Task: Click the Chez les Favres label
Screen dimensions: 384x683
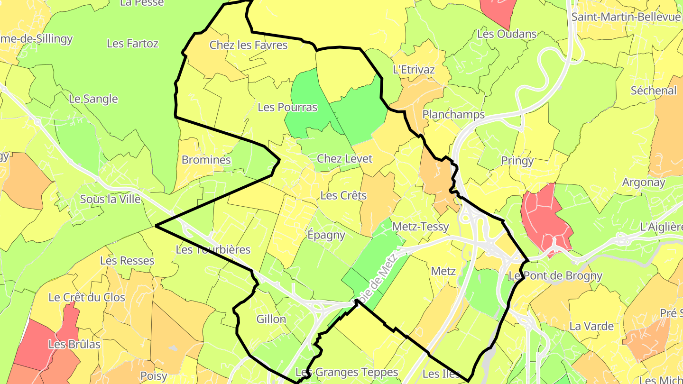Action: click(x=249, y=45)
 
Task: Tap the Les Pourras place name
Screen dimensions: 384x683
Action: click(x=287, y=107)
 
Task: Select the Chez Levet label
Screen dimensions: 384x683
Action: click(x=344, y=159)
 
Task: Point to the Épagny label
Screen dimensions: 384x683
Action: click(x=326, y=235)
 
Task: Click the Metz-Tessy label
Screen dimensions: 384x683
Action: click(x=420, y=227)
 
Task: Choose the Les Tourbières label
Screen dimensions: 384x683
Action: click(x=212, y=249)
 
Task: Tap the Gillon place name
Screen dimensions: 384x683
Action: click(x=271, y=319)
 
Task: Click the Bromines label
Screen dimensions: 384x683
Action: click(x=206, y=160)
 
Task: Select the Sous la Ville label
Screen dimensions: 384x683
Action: click(x=111, y=199)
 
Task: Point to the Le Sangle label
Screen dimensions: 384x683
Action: click(x=93, y=99)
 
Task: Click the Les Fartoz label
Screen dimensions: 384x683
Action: click(x=132, y=44)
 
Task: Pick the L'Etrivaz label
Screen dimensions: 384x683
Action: click(x=414, y=70)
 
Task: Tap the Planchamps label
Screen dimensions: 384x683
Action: click(x=453, y=114)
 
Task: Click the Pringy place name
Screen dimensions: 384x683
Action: click(x=517, y=161)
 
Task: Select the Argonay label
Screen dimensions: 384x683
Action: click(x=644, y=182)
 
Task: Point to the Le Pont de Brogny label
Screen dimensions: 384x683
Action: click(x=555, y=275)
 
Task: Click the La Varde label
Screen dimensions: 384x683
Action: click(x=591, y=326)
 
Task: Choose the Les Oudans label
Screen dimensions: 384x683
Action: click(x=507, y=34)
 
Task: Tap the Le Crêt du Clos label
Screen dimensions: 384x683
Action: click(x=87, y=297)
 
